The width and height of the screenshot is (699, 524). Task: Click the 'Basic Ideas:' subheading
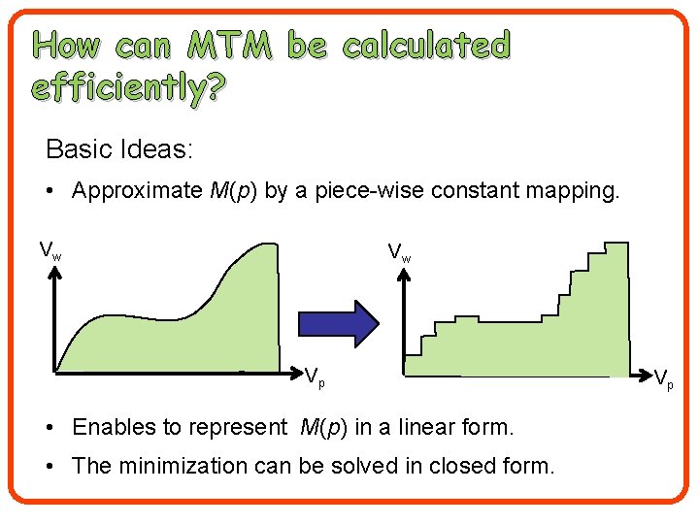(x=119, y=149)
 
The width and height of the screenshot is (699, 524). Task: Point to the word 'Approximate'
(x=137, y=190)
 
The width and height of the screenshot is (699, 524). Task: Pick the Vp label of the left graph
(x=315, y=377)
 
